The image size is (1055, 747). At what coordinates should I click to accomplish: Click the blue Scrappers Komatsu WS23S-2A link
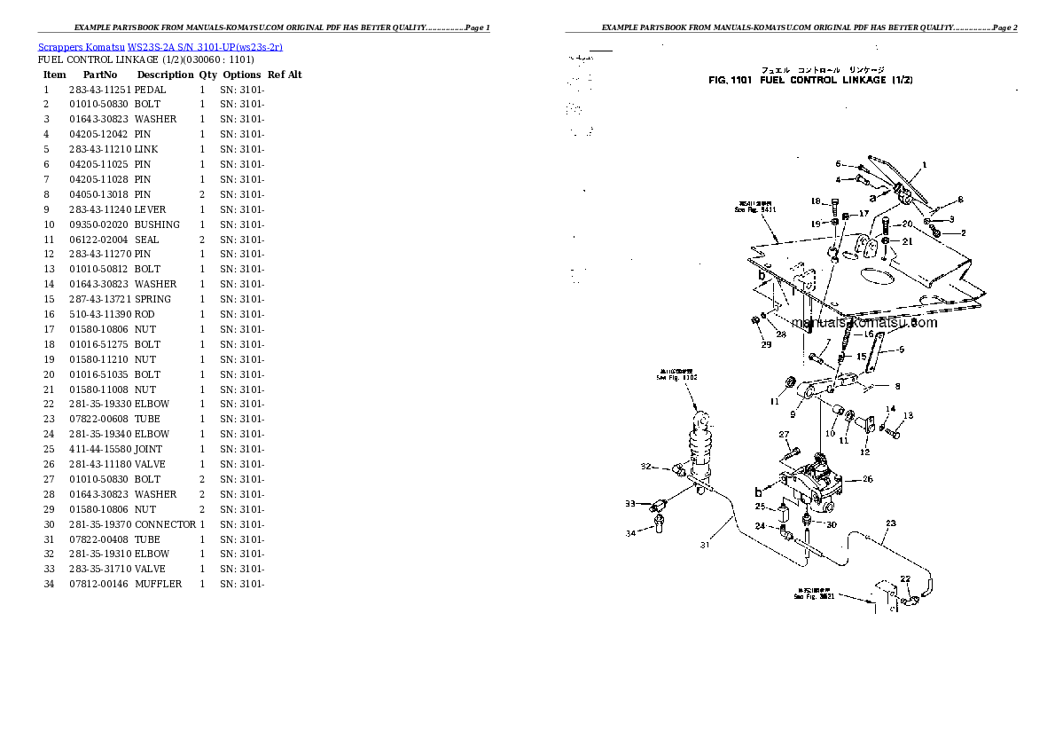click(x=160, y=46)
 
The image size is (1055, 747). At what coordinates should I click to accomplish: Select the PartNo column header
click(x=100, y=75)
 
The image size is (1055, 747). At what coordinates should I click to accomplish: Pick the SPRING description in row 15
click(x=152, y=299)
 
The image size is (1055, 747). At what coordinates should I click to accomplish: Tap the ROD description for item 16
click(x=145, y=314)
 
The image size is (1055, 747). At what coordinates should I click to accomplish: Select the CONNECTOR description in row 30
click(x=165, y=524)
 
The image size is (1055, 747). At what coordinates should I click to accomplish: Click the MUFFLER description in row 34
click(x=158, y=584)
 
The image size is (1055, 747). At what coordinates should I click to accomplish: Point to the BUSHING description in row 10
click(x=157, y=224)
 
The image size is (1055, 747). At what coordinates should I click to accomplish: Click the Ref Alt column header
click(x=285, y=75)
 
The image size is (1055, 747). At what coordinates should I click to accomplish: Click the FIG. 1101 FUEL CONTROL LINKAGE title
click(x=810, y=80)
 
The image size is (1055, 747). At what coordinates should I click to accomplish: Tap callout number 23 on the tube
click(x=890, y=523)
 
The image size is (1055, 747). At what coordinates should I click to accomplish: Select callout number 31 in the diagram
click(x=705, y=546)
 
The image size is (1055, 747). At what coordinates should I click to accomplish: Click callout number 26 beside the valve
click(x=867, y=479)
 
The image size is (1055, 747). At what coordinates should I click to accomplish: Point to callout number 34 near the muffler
click(x=631, y=533)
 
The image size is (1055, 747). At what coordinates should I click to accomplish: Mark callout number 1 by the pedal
click(x=924, y=165)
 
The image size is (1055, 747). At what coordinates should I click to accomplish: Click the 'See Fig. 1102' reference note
click(x=676, y=375)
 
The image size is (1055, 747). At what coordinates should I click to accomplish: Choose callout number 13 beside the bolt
click(x=907, y=415)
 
